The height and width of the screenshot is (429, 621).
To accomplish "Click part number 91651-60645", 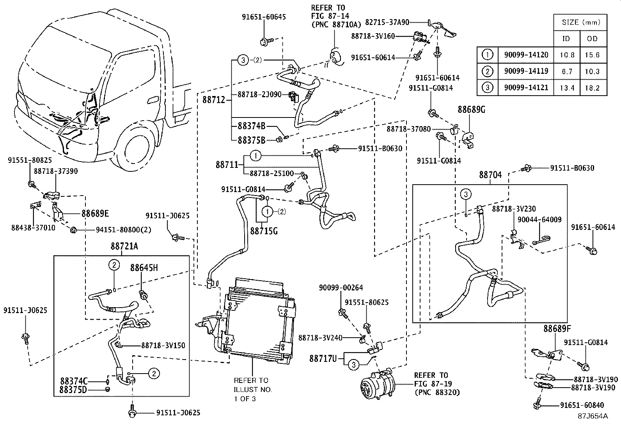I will [264, 17].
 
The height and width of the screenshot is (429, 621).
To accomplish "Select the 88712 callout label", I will [214, 100].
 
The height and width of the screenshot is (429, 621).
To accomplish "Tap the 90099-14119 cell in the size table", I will [526, 71].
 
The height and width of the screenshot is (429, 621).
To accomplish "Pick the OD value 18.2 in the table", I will [592, 88].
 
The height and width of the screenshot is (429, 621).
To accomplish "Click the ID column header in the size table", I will [566, 38].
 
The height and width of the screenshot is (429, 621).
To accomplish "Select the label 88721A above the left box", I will [124, 247].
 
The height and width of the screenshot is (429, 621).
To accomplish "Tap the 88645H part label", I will [144, 268].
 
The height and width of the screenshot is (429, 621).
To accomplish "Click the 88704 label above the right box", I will [491, 175].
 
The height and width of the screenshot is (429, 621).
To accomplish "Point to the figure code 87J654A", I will [593, 416].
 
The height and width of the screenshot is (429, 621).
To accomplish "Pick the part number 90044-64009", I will [539, 220].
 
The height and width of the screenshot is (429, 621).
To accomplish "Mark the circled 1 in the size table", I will [488, 55].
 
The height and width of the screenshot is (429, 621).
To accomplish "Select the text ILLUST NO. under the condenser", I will [253, 389].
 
